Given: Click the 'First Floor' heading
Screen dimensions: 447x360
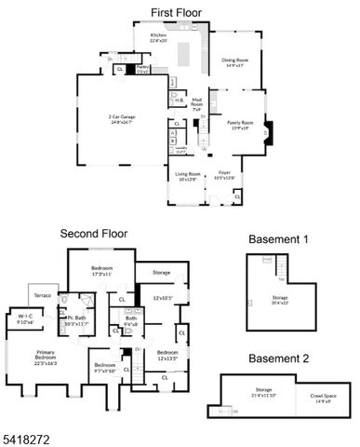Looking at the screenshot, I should tap(179, 12).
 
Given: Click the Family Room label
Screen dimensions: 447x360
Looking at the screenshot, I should tap(241, 123).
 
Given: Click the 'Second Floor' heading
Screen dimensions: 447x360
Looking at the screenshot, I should tap(93, 234).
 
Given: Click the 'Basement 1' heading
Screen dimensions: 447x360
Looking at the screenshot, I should tap(280, 240).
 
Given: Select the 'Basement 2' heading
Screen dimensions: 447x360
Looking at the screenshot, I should tap(280, 358).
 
